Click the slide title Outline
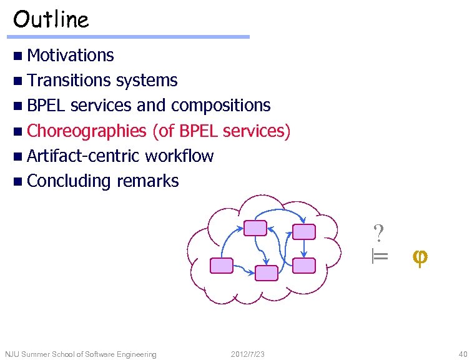coord(51,19)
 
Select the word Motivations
coord(71,56)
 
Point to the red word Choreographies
coord(87,131)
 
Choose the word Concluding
coord(69,181)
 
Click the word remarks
coord(147,181)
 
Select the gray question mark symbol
coord(378,233)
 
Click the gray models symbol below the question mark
coord(380,256)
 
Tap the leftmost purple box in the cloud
coord(222,266)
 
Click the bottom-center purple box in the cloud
coord(267,273)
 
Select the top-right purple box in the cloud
coord(305,231)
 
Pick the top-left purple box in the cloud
coord(255,228)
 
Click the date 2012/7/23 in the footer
coord(248,354)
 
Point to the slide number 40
coord(462,354)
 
